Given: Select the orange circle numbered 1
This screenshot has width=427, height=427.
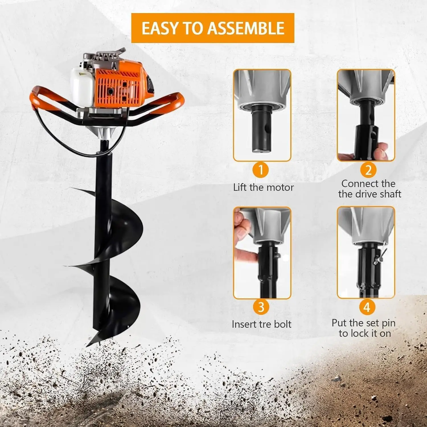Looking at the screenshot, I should coord(261,170).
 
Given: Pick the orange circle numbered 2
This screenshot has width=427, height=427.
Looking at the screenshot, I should coord(368,170).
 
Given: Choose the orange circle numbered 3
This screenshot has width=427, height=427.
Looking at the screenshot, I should coord(261,307).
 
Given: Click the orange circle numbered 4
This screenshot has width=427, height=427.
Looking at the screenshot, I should coord(367,307).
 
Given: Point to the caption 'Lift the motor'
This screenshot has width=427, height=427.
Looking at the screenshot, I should coord(263,187).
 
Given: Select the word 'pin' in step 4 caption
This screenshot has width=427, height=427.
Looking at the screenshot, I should coord(388,323).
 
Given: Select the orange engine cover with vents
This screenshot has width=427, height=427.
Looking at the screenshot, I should coord(118,85).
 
